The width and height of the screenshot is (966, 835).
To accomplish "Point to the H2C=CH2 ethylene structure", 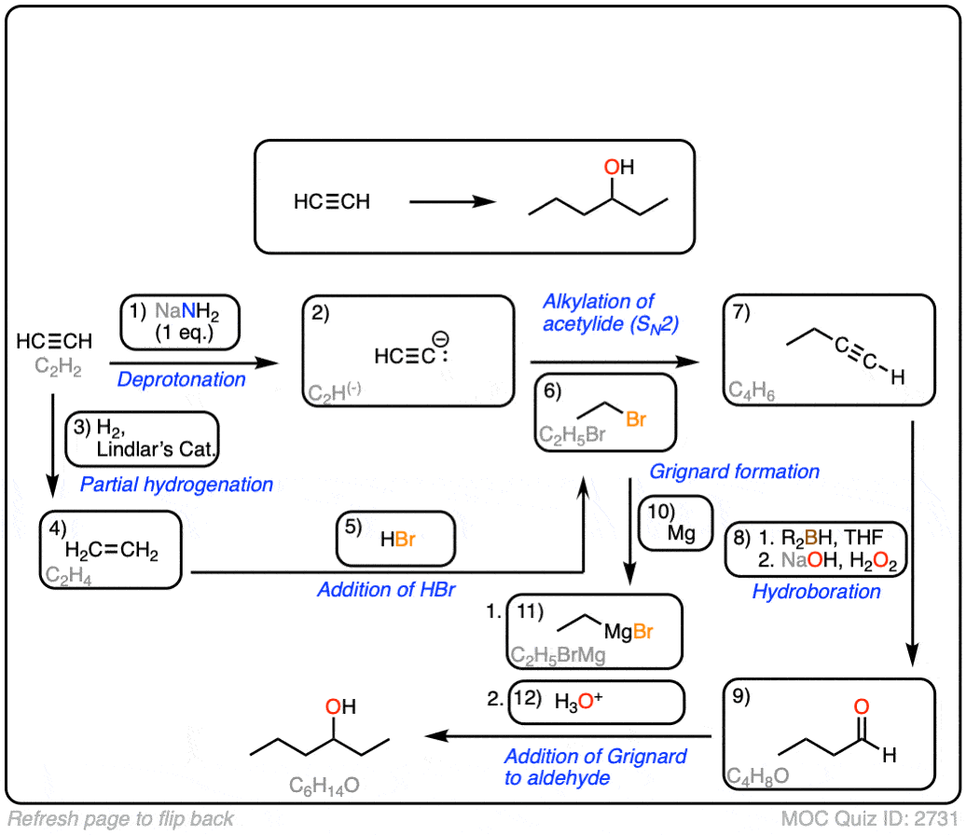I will tap(112, 552).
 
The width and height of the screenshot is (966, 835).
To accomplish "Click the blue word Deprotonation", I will tap(182, 379).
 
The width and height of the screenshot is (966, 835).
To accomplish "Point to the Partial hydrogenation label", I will tap(176, 485).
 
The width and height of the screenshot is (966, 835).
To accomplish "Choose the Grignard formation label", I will tap(736, 472).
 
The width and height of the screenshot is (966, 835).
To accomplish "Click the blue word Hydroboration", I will tap(816, 592).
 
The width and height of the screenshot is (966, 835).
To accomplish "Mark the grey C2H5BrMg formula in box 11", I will tap(558, 655).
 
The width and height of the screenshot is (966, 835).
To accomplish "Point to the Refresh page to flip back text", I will tap(121, 819).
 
